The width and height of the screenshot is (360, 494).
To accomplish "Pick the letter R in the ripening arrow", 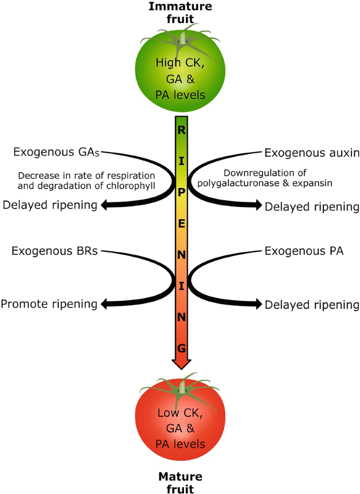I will click(x=181, y=130).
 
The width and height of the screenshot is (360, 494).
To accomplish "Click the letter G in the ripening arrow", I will click(x=181, y=348).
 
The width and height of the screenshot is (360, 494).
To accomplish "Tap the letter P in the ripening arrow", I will click(x=181, y=192).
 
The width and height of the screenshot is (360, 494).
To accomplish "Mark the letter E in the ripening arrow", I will click(x=181, y=223).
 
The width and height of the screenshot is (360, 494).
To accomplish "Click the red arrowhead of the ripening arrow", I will click(x=181, y=362).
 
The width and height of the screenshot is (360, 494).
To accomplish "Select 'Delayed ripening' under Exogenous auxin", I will click(x=311, y=207).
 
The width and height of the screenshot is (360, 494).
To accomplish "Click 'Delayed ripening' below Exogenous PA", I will click(x=311, y=304).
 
